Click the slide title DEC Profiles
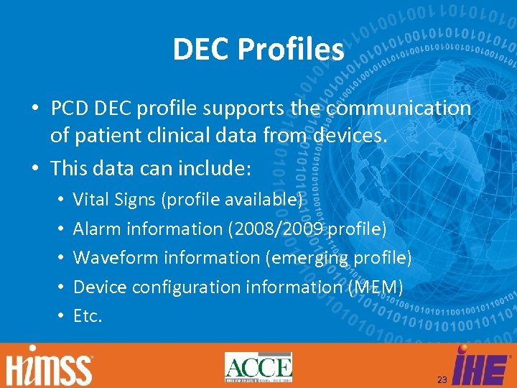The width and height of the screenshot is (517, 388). (x=258, y=49)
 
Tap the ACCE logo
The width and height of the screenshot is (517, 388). (x=258, y=367)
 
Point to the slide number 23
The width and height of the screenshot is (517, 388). (x=442, y=379)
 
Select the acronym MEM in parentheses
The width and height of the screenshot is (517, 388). (x=375, y=287)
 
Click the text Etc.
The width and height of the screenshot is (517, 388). (x=88, y=315)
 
